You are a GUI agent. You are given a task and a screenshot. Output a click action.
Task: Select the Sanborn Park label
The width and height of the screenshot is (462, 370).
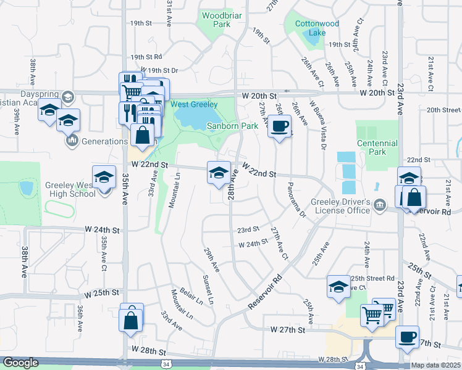click(x=232, y=126)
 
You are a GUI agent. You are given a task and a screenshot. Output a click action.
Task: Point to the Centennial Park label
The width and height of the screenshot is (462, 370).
click(x=378, y=147)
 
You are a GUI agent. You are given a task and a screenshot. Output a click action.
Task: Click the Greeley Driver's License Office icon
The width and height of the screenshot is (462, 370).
click(x=379, y=203)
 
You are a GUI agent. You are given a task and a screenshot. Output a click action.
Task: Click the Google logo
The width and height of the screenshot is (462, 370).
click(x=20, y=363)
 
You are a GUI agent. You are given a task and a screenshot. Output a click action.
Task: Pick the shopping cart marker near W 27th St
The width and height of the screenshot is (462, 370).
click(x=372, y=315)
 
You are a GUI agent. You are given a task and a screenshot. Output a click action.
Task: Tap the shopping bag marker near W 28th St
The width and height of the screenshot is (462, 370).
click(x=132, y=321)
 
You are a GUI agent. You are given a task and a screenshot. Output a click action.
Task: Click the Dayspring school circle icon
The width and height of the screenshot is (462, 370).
click(x=67, y=96)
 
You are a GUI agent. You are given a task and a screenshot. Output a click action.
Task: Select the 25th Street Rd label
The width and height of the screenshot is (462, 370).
click(x=372, y=278)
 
